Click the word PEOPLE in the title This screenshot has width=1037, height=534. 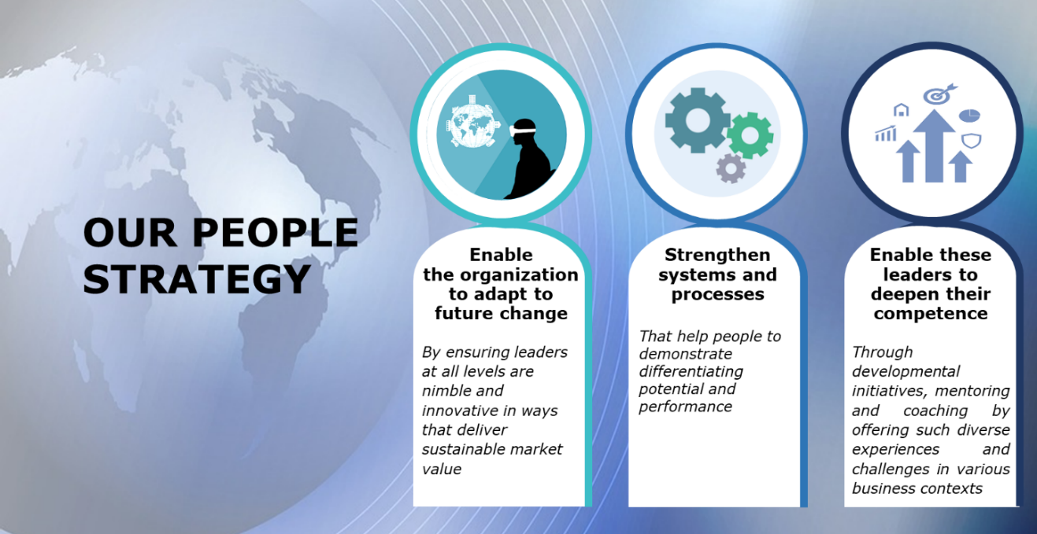(x=276, y=233)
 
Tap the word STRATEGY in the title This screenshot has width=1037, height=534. (x=197, y=279)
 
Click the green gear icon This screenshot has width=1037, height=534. (x=750, y=135)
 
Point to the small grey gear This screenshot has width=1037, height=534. (x=731, y=168)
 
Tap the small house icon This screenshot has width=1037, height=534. (x=901, y=110)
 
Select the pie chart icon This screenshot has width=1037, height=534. (x=969, y=115)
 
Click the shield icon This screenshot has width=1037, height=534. (x=972, y=141)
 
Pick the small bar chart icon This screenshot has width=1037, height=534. (x=886, y=133)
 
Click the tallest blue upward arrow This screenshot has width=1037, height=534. (x=934, y=145)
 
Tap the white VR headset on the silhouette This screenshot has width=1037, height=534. (x=523, y=131)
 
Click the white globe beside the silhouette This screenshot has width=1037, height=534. (x=473, y=123)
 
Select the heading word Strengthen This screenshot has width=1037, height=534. (x=717, y=255)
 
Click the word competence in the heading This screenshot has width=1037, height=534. (x=931, y=314)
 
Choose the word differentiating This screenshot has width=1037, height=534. (x=691, y=372)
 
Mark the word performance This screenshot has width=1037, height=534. (x=686, y=407)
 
